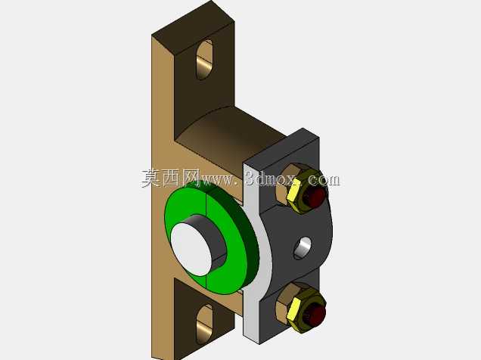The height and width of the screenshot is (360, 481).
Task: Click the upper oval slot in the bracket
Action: (x=205, y=60)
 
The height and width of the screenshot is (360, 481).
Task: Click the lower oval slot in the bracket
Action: (x=204, y=324)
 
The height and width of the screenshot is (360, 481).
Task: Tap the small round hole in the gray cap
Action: (x=303, y=248)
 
